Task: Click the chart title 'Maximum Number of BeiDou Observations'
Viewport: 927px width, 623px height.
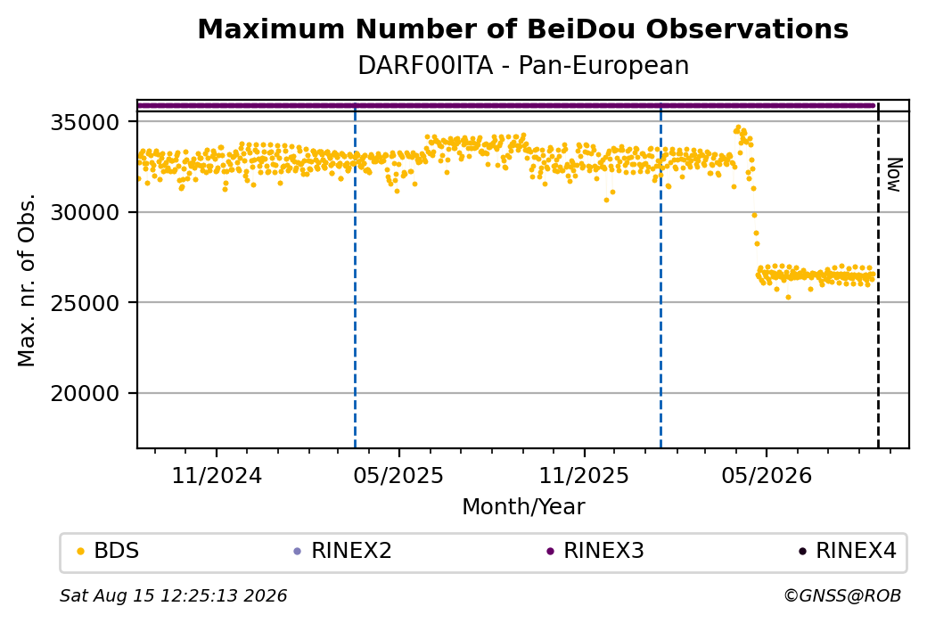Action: pos(522,29)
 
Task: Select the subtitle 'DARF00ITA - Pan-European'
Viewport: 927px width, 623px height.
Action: pos(523,66)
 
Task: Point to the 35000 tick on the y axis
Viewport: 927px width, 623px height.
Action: pos(86,122)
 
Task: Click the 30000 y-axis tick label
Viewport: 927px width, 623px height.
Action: pos(86,213)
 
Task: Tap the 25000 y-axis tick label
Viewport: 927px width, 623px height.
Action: pos(86,303)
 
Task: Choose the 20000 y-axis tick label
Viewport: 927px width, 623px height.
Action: pos(86,394)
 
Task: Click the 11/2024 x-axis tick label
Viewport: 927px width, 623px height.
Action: pos(217,475)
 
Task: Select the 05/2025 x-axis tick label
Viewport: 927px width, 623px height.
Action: pos(398,475)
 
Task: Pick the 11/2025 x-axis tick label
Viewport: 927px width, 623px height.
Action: pos(584,475)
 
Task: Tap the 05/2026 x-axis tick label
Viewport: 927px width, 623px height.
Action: pos(767,475)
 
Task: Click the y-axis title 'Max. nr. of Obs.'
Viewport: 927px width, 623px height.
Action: pos(27,280)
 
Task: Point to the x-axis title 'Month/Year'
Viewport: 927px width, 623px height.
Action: pos(523,506)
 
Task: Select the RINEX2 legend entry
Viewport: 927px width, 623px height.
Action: pos(343,551)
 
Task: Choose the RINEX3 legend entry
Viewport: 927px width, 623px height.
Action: pos(595,551)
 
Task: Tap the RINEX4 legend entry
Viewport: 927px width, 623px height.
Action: pos(848,551)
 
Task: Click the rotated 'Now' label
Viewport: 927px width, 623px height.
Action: pos(895,175)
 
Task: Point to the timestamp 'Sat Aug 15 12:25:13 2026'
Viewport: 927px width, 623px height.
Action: pos(173,595)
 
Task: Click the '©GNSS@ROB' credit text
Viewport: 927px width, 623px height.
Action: pos(842,595)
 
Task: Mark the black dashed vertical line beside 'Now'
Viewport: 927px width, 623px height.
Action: pos(878,275)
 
